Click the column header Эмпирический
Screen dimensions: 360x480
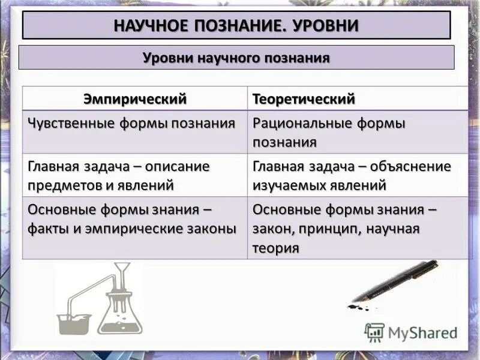(x=135, y=98)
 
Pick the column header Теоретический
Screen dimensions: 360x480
(x=304, y=98)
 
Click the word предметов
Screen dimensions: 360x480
(x=64, y=185)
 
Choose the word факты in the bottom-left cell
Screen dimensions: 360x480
(x=48, y=229)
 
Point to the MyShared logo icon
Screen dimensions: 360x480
(x=374, y=332)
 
